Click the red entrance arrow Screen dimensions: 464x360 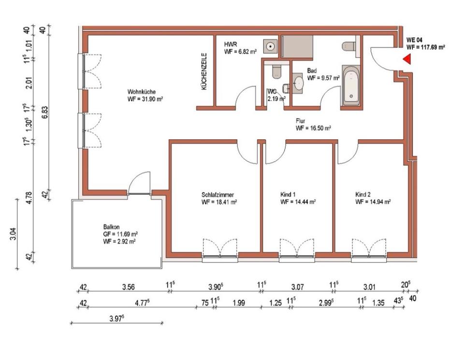(x=407, y=59)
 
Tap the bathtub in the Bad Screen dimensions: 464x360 (x=351, y=85)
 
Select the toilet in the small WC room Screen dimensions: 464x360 (x=276, y=72)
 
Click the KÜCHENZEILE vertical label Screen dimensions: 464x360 (x=203, y=72)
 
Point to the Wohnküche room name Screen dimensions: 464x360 (x=142, y=92)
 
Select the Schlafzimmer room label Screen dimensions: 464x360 (x=218, y=195)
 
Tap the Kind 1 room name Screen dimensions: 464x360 (x=288, y=195)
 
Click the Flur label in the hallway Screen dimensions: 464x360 (x=300, y=121)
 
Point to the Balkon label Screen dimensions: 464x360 (x=111, y=227)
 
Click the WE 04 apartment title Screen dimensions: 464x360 (x=414, y=40)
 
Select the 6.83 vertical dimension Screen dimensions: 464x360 (x=44, y=113)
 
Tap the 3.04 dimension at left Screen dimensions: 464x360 (x=13, y=234)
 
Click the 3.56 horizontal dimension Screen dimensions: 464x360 (x=129, y=287)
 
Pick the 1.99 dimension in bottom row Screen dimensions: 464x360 (x=239, y=302)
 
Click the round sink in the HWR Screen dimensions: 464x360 (x=271, y=46)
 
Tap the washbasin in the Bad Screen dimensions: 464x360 (x=298, y=84)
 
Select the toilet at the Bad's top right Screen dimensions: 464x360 (x=349, y=46)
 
